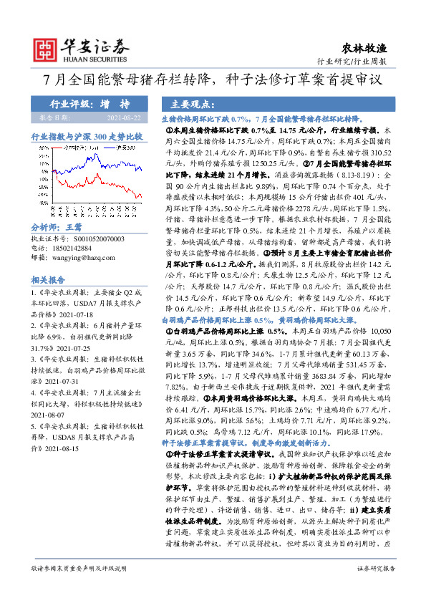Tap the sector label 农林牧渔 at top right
click(x=372, y=48)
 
